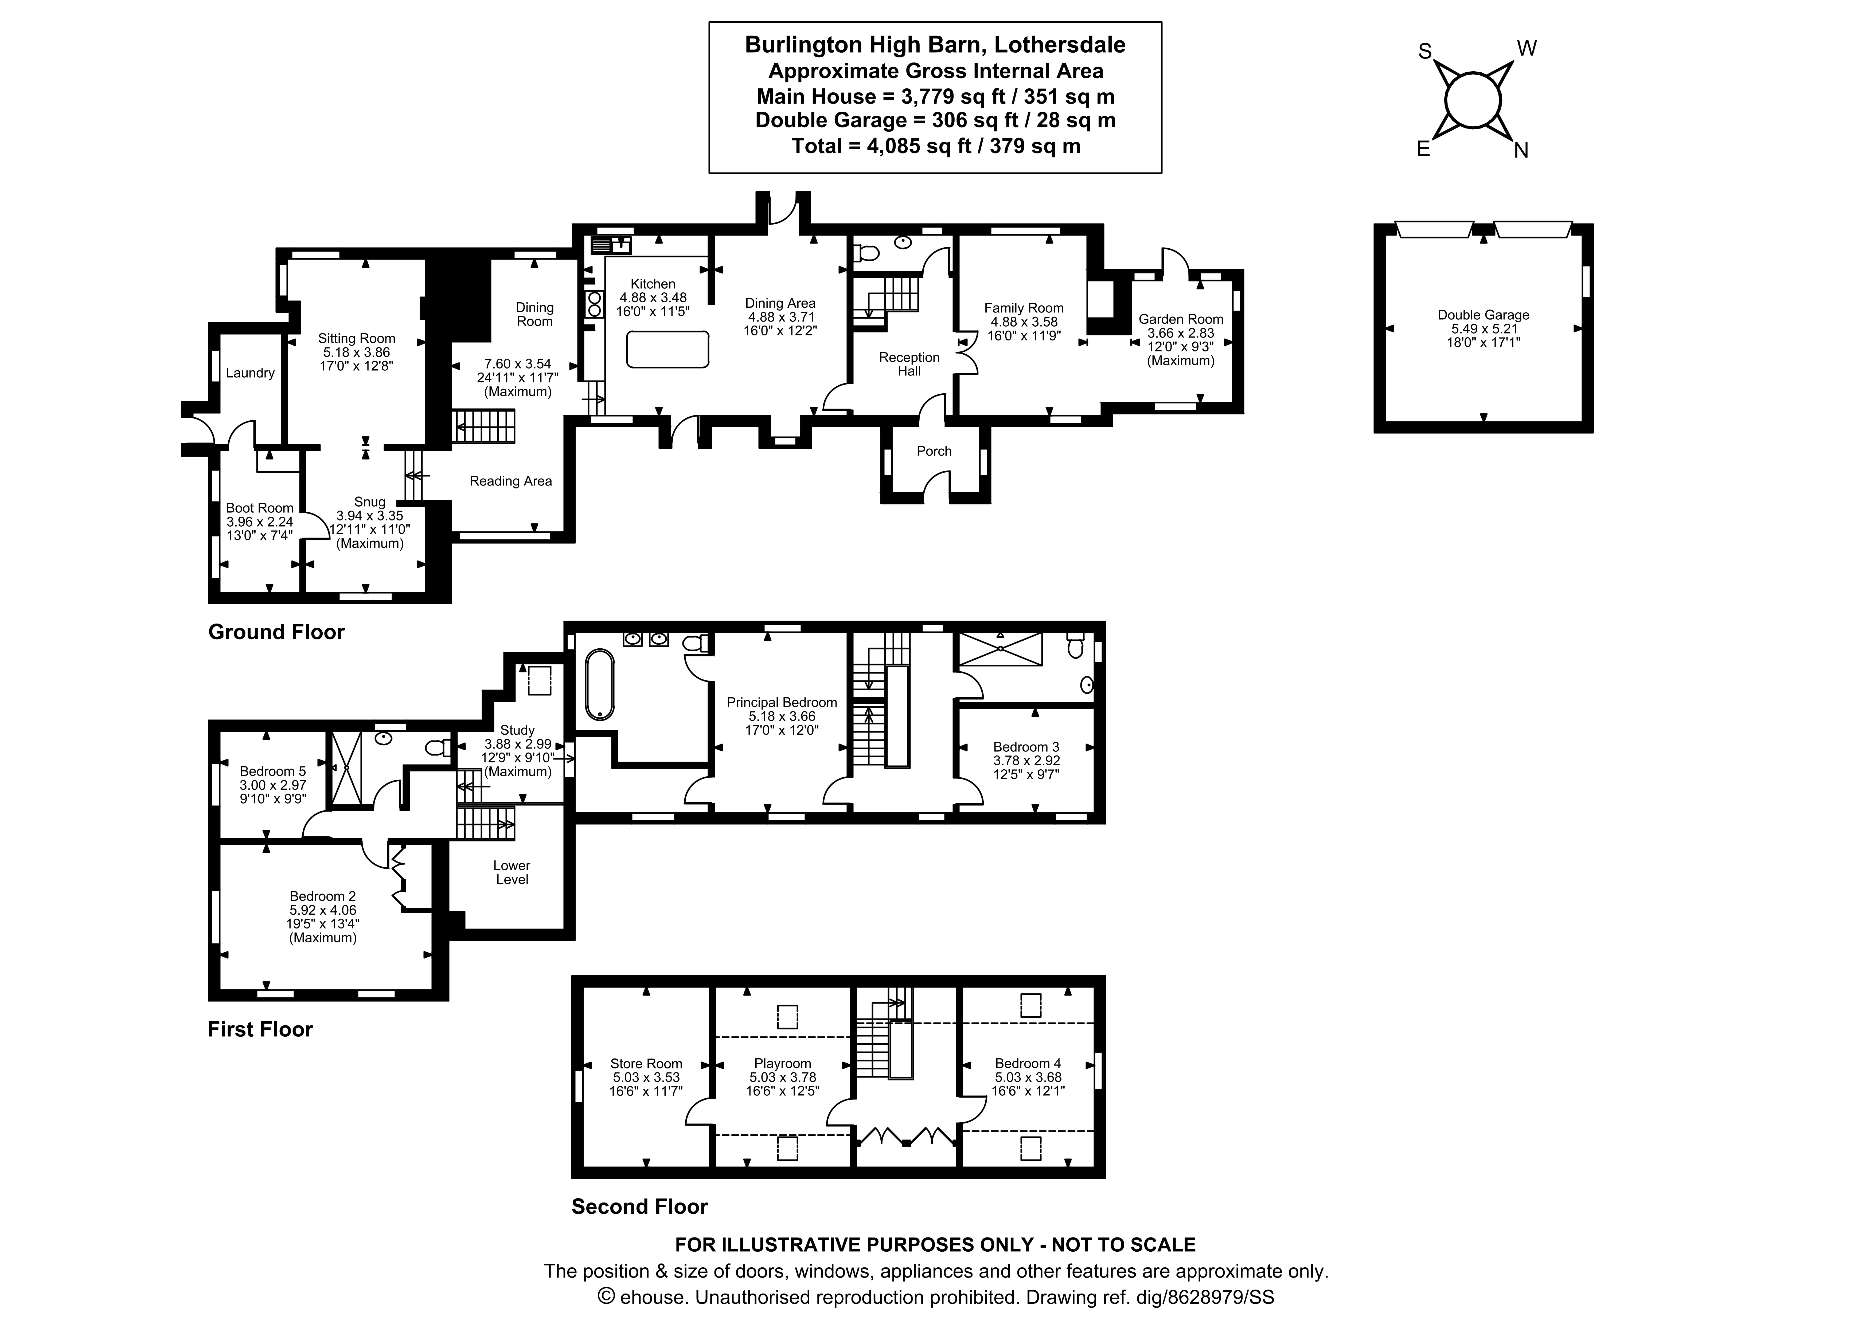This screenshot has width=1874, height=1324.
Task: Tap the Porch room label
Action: point(934,451)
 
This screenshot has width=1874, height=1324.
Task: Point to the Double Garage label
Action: point(1483,315)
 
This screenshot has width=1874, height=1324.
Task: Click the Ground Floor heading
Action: point(276,632)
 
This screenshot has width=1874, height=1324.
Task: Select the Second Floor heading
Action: point(639,1207)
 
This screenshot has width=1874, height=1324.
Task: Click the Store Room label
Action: point(646,1064)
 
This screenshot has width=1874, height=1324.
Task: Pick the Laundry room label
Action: point(250,373)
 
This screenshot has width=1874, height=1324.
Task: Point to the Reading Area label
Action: point(510,481)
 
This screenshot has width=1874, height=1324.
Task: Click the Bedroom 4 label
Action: point(1028,1064)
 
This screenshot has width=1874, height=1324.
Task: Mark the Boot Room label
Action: point(260,508)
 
